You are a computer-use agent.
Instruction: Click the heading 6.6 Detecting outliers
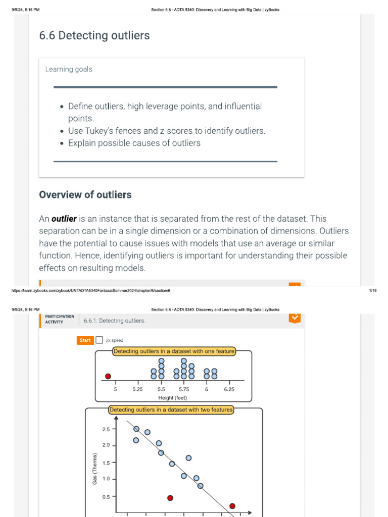(x=94, y=36)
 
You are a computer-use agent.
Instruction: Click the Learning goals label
(x=69, y=69)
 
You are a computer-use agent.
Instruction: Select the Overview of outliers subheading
(x=85, y=195)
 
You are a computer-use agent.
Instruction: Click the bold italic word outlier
(x=64, y=219)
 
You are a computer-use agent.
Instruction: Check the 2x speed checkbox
(x=100, y=340)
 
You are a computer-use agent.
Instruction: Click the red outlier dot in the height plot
(x=108, y=376)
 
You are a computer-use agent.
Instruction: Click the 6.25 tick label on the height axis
(x=229, y=389)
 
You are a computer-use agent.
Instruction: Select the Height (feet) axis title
(x=172, y=397)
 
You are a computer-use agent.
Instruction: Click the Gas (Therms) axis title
(x=95, y=470)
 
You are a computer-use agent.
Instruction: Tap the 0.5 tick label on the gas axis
(x=106, y=497)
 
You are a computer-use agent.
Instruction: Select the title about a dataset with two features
(x=171, y=410)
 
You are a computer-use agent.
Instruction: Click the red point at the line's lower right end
(x=232, y=506)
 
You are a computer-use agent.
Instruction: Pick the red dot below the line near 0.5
(x=170, y=498)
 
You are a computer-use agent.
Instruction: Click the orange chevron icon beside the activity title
(x=295, y=318)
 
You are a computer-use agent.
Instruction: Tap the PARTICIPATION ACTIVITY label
(x=59, y=319)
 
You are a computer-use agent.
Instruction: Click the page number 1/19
(x=373, y=291)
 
